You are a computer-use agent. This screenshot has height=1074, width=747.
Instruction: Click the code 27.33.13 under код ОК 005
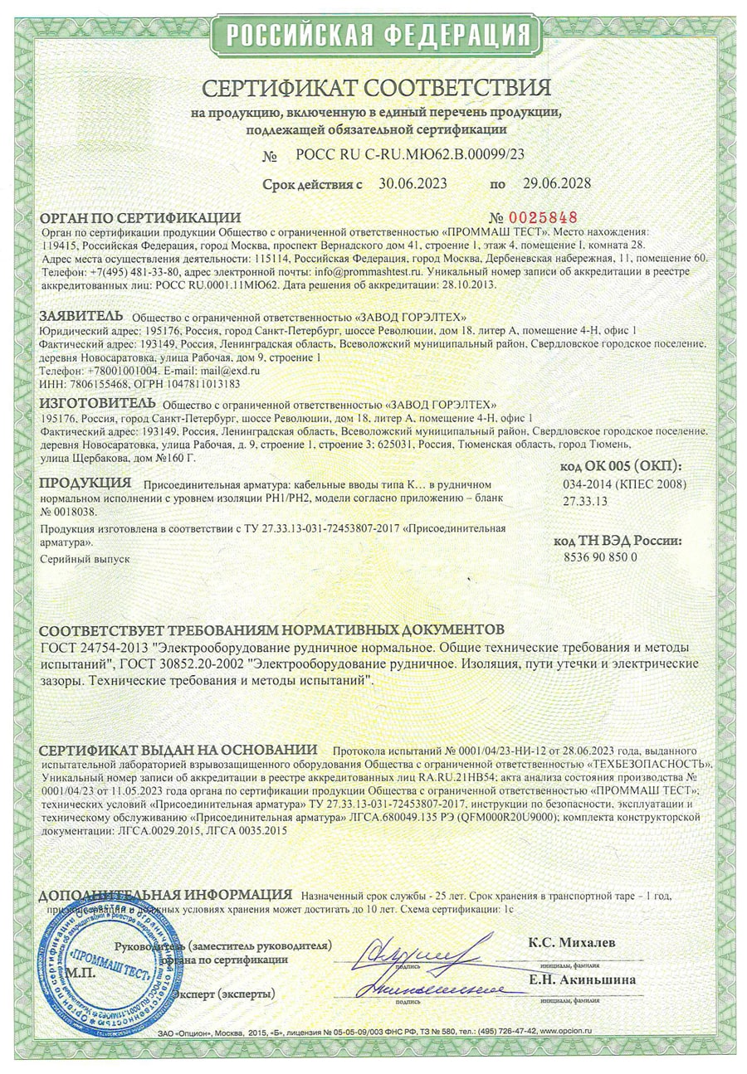point(585,501)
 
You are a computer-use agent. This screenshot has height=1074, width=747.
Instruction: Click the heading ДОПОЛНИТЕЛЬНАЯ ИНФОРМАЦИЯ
point(166,896)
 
